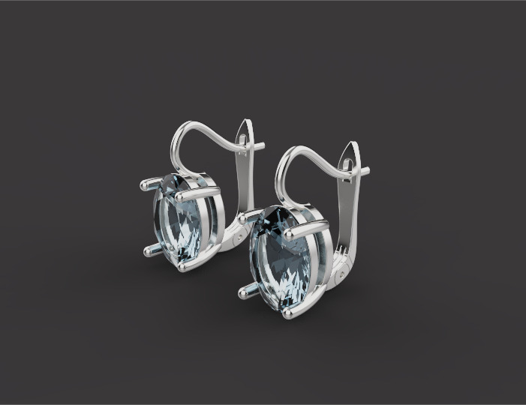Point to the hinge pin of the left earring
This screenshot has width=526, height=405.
click(x=239, y=234)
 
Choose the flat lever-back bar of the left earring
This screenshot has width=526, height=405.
click(x=244, y=184)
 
